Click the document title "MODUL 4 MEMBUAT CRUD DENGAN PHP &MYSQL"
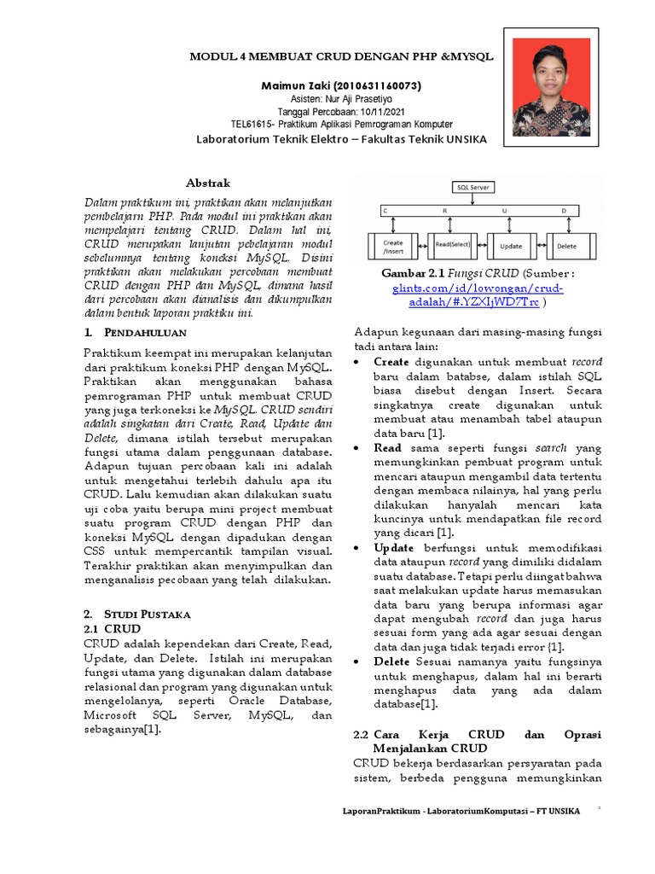click(x=340, y=55)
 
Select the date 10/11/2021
click(x=380, y=112)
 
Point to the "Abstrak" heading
click(x=208, y=183)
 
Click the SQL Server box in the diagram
click(x=476, y=187)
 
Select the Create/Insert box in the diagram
click(x=392, y=245)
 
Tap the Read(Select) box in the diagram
click(x=453, y=245)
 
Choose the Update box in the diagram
click(x=511, y=245)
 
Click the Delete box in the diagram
click(x=566, y=245)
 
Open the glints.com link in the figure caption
click(x=478, y=295)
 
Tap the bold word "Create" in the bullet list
click(x=391, y=362)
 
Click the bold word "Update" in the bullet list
click(x=394, y=546)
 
